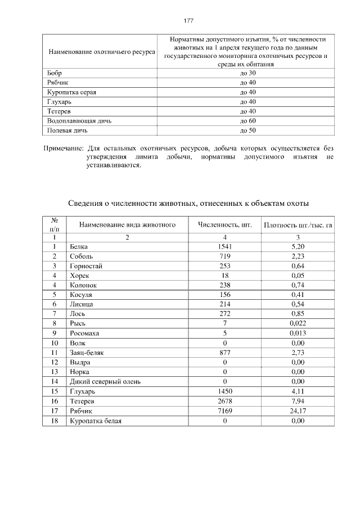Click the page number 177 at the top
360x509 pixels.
(x=188, y=21)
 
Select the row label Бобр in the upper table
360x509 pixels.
(x=55, y=73)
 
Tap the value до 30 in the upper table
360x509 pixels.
(x=247, y=73)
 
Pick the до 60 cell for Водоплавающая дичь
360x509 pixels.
(x=247, y=121)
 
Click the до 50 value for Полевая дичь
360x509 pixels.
(x=247, y=130)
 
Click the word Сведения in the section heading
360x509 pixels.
(x=84, y=202)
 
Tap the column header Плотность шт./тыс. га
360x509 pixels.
(x=298, y=226)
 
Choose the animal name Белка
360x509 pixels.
(x=79, y=247)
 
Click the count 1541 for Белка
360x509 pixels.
(x=224, y=247)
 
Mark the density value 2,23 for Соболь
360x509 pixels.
(x=298, y=256)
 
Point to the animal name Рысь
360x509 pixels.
(x=78, y=323)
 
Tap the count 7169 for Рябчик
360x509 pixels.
(x=224, y=411)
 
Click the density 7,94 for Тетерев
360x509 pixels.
(x=298, y=402)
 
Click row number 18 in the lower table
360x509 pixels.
(x=55, y=421)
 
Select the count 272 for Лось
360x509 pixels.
(x=224, y=313)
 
